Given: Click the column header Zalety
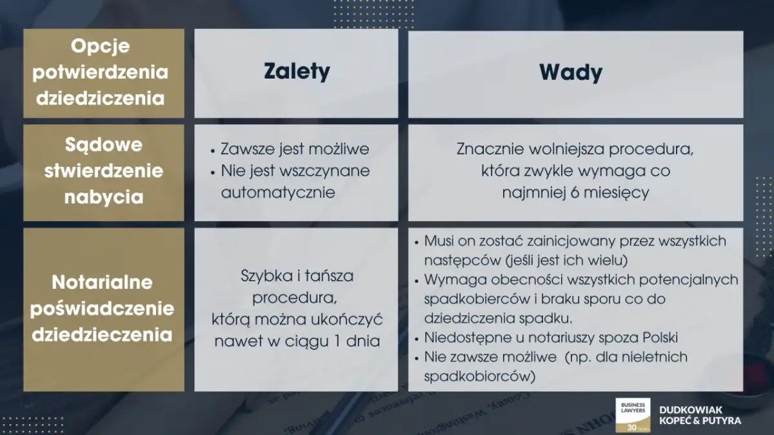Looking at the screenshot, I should pos(296,72).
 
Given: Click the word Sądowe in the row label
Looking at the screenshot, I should pos(103,145).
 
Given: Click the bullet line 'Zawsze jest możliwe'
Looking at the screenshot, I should pos(295,150).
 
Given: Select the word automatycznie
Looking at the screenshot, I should pos(278,193).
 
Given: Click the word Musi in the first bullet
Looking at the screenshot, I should pos(438,241).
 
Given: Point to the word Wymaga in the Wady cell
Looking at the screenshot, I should pos(450,280).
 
